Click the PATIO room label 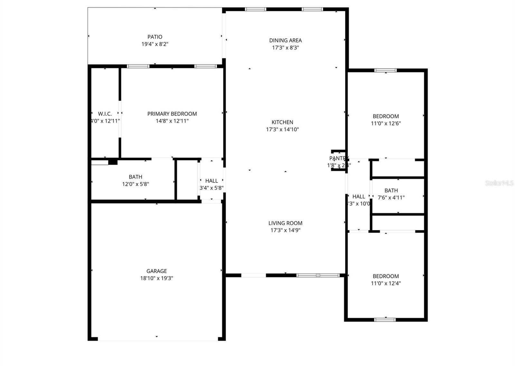pos(155,37)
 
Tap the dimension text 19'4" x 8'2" pos(155,44)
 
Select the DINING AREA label pos(286,40)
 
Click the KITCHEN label pos(282,122)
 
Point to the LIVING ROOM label pos(286,223)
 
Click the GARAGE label pos(156,271)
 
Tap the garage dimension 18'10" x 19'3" pos(156,278)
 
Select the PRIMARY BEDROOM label pos(172,114)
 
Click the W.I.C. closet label pos(105,114)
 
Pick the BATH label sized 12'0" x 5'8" pos(136,177)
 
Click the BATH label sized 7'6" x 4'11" pos(391,190)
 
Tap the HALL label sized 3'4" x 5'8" pos(211,181)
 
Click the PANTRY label pos(337,158)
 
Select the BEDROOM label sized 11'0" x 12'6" pos(386,116)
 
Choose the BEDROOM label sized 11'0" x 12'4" pos(386,276)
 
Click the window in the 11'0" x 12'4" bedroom pos(385,320)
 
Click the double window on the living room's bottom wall pos(318,275)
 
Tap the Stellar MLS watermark pos(499,183)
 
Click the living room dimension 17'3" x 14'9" pos(286,230)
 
